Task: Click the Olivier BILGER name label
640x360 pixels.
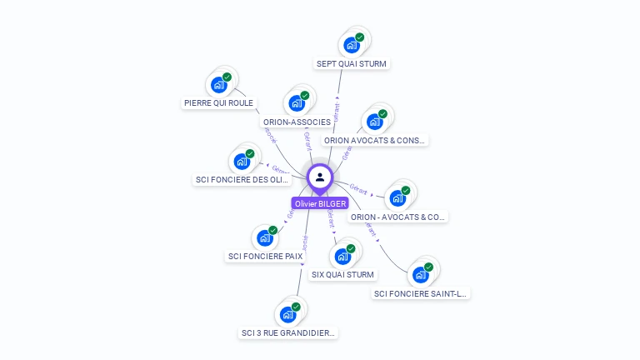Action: pos(320,203)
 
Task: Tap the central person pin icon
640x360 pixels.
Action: pos(320,177)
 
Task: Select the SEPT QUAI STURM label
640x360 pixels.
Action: pos(352,63)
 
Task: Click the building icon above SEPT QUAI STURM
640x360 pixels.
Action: pos(352,45)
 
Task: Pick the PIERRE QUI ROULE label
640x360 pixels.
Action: pos(218,103)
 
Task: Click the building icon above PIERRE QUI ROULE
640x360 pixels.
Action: pos(219,85)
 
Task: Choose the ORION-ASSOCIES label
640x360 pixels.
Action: pos(297,122)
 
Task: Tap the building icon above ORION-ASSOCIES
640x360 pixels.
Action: pos(297,103)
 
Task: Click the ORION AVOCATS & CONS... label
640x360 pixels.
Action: pos(375,140)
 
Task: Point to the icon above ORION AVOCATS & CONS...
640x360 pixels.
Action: pos(375,122)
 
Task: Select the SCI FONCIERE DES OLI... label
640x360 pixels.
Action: pos(242,179)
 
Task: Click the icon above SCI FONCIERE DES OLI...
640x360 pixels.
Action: pos(242,161)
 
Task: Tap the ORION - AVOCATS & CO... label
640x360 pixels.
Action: pos(397,217)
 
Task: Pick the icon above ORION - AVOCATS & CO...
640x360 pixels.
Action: pos(397,198)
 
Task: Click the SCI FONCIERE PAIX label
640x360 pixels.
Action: pos(265,256)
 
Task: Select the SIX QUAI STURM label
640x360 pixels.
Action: pos(343,274)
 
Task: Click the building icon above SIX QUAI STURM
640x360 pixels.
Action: pos(342,256)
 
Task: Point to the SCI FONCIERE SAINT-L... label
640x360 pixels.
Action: pos(421,293)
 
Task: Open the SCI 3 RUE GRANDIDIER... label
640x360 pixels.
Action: pos(288,332)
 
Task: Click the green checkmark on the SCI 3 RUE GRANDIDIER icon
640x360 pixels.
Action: pos(296,307)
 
